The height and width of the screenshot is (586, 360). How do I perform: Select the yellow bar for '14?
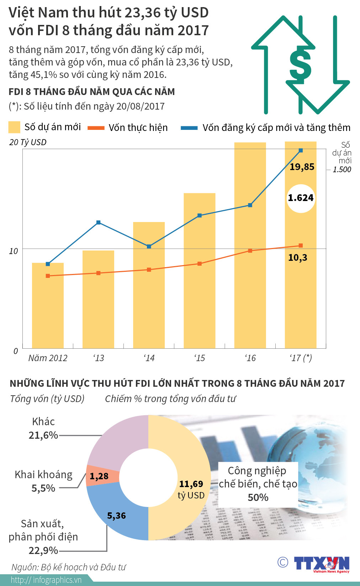(149, 285)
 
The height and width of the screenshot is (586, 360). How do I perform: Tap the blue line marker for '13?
(99, 222)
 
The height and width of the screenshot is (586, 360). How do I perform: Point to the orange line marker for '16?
(250, 251)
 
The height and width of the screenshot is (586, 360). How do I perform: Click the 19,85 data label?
(302, 167)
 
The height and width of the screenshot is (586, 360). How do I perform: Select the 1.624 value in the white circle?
(301, 198)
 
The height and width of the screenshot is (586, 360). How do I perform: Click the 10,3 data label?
(297, 258)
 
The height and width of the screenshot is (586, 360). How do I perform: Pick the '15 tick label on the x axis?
(200, 358)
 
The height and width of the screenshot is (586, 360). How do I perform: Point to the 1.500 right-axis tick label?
(342, 170)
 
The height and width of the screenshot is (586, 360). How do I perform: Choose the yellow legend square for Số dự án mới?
(14, 127)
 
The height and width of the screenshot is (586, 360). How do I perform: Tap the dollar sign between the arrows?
(300, 65)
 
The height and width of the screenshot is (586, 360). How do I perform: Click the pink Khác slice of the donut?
(117, 441)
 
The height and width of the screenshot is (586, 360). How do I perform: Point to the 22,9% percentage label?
(43, 550)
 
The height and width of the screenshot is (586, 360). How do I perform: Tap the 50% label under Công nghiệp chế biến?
(258, 497)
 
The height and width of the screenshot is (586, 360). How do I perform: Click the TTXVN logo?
(322, 564)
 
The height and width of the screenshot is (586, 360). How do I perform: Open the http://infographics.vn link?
(46, 580)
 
